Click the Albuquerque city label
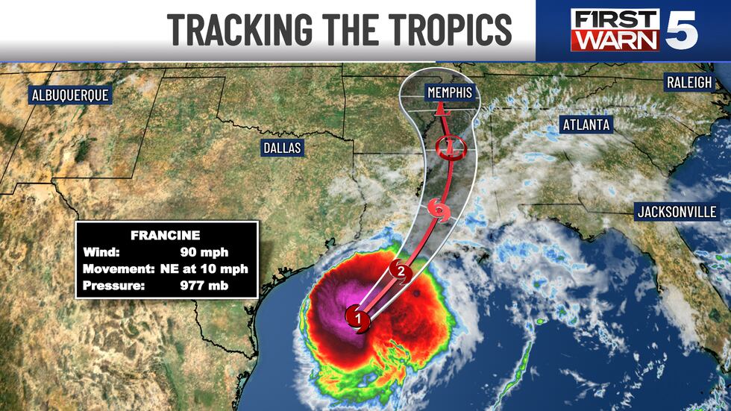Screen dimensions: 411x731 [x=69, y=95]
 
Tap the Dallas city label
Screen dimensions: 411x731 [x=282, y=148]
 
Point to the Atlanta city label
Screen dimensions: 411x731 [x=586, y=125]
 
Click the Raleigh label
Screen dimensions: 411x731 [x=690, y=83]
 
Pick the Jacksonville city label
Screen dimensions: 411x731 [x=676, y=212]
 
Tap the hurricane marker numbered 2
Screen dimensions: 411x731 [x=401, y=272]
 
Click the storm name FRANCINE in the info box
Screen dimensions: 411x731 [x=166, y=235]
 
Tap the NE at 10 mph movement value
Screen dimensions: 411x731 [x=199, y=269]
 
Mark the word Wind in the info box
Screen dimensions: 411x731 [x=101, y=252]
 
